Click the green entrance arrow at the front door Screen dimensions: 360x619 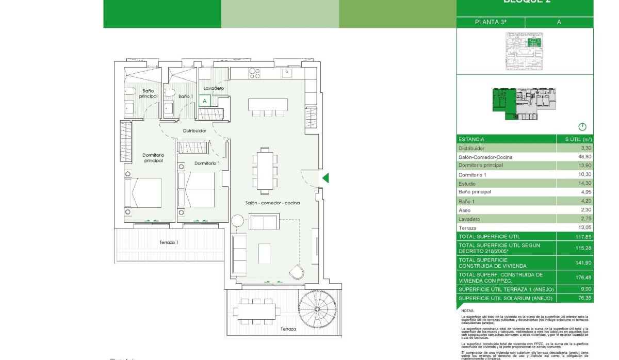coord(325,178)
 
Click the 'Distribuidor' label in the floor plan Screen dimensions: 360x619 coord(194,130)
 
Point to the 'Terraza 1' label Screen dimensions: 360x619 coord(169,242)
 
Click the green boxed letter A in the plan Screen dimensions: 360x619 coord(204,101)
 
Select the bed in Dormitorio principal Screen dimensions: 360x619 coord(143,193)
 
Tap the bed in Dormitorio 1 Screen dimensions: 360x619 coord(197,190)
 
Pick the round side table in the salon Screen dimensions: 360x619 coord(237,221)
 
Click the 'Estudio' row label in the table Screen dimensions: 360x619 coord(467,184)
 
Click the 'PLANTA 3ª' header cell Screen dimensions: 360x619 coord(490,22)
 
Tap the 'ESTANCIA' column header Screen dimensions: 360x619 coord(471,139)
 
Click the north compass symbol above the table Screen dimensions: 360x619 coord(583,127)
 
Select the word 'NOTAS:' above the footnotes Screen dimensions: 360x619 coord(467,311)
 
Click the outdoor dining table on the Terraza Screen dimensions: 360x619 coord(257,311)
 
